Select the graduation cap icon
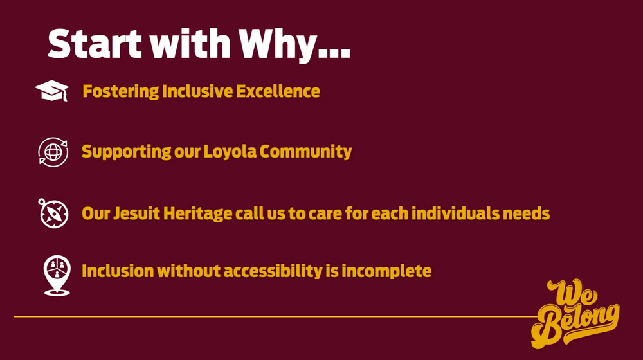(51, 91)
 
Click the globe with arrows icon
(53, 152)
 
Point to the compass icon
(53, 213)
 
